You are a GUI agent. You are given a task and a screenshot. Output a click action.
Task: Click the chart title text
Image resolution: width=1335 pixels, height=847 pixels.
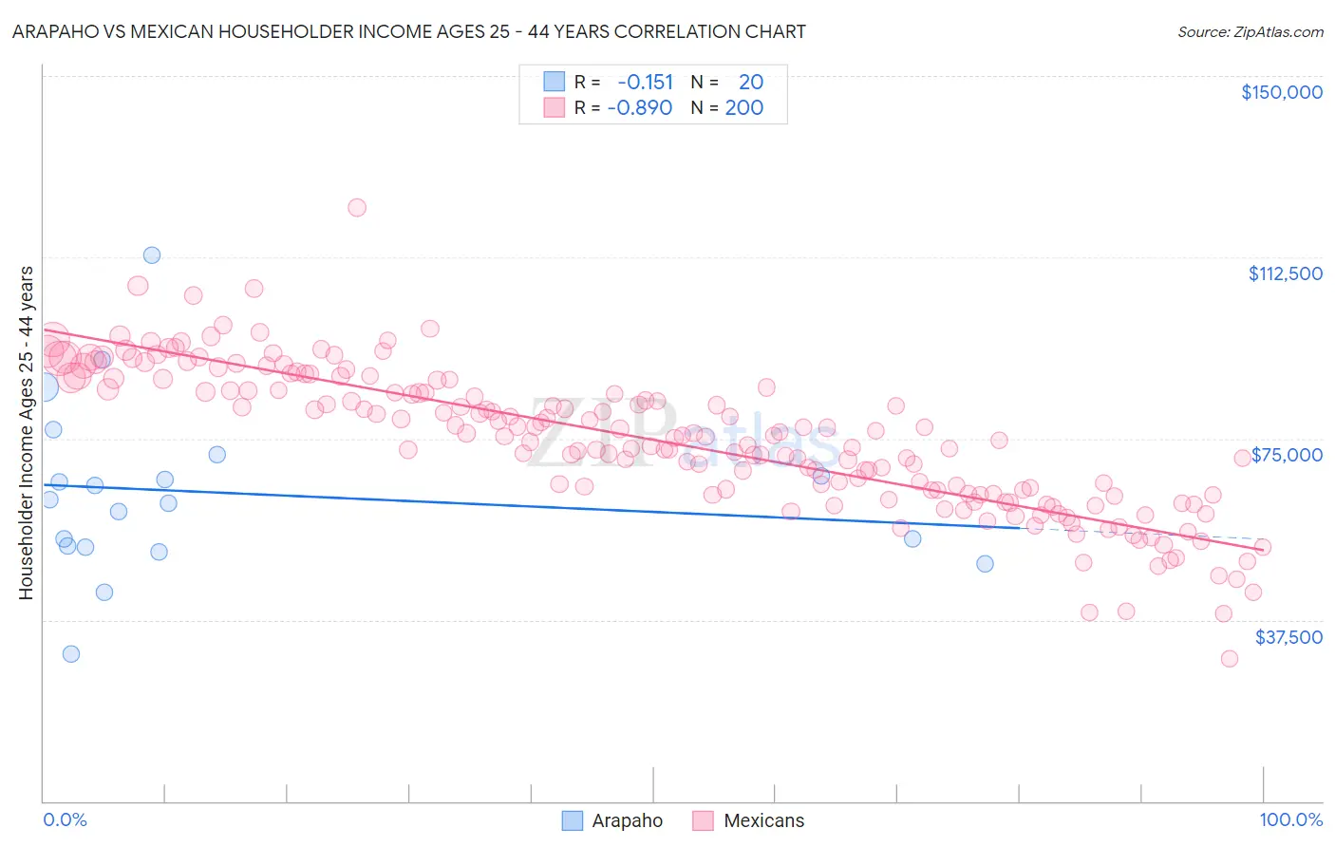(x=409, y=31)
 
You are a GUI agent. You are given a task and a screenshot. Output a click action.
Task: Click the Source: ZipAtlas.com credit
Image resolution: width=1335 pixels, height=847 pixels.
(x=1250, y=31)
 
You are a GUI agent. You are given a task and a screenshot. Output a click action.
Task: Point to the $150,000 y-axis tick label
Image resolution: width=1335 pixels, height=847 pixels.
(x=1281, y=92)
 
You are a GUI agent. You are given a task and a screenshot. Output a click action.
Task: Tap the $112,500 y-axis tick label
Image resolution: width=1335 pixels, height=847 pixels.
(x=1285, y=273)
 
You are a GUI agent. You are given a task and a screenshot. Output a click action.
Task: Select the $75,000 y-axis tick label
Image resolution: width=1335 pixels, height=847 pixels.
(x=1287, y=455)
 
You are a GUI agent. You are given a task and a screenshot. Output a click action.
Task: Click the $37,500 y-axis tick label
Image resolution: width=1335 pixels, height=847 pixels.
(x=1288, y=637)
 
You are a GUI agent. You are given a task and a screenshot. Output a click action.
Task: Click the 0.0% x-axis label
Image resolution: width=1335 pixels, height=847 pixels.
(x=65, y=819)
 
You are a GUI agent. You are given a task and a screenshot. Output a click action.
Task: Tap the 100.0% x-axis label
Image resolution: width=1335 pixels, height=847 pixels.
(x=1290, y=819)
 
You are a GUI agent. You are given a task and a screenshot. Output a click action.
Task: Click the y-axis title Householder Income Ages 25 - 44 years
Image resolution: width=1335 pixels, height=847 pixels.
(x=26, y=433)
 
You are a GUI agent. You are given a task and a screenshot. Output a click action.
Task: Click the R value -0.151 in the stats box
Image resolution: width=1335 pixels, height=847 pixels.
(x=645, y=83)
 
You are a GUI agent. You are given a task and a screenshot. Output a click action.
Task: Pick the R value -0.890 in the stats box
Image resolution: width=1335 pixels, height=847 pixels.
(x=640, y=108)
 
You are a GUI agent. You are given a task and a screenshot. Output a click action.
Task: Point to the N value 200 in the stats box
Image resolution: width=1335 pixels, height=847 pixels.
(x=743, y=108)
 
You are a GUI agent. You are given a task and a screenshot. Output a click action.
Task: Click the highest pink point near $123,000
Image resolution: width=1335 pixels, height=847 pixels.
(x=357, y=208)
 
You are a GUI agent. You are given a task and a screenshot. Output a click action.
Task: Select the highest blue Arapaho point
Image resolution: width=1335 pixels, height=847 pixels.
(x=152, y=255)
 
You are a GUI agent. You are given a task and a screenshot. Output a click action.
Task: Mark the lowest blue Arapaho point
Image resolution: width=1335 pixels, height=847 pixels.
(x=71, y=653)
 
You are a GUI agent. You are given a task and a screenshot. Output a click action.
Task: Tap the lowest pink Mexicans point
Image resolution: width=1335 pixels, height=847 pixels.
(x=1230, y=658)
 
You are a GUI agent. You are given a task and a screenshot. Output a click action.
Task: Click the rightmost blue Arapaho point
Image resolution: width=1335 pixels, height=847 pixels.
(x=986, y=564)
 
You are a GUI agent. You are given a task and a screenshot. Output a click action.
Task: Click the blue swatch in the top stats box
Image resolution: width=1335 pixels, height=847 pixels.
(x=554, y=83)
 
